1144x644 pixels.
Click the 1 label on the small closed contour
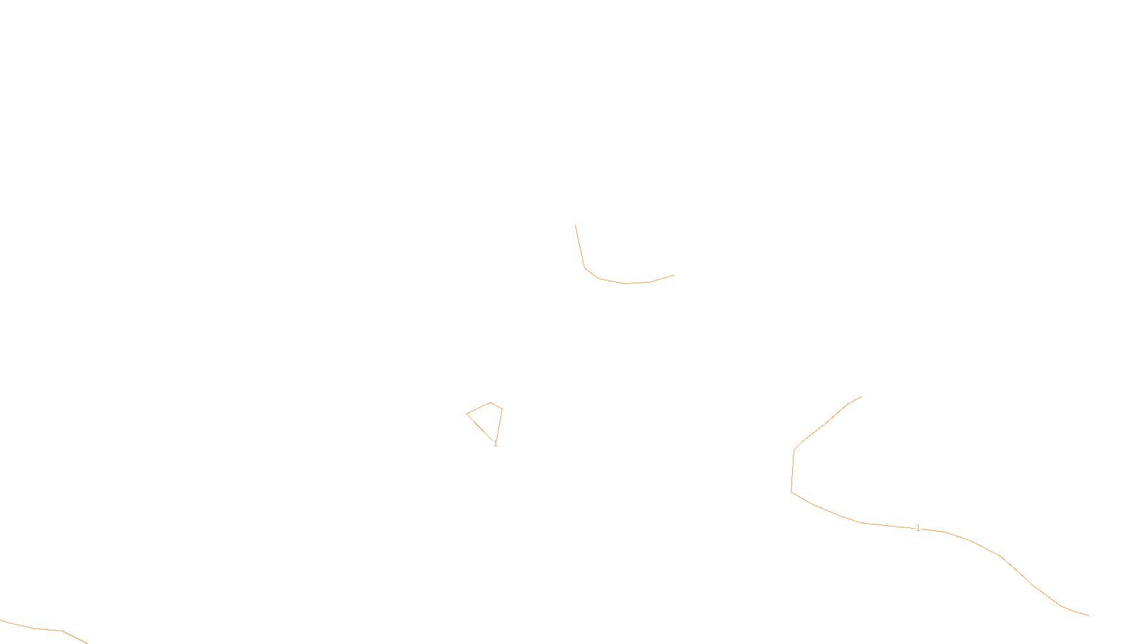(x=495, y=444)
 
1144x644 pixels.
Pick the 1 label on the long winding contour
(x=918, y=528)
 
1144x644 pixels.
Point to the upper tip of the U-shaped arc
(x=576, y=225)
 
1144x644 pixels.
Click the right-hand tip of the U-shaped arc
(x=674, y=275)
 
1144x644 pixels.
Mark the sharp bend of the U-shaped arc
(x=585, y=268)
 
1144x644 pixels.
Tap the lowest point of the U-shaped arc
(x=627, y=283)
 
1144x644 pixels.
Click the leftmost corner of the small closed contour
(x=467, y=414)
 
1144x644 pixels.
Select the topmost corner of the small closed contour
(x=490, y=403)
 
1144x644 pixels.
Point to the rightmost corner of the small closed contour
(x=502, y=409)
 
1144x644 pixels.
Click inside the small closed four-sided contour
(x=490, y=418)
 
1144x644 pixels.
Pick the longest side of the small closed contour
(x=480, y=427)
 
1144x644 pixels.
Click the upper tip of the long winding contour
(x=861, y=397)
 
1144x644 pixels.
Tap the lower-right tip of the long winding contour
(x=1088, y=615)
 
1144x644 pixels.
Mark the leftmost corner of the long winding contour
(x=791, y=492)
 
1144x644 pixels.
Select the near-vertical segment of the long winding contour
(x=792, y=471)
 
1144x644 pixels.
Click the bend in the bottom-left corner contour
(x=62, y=631)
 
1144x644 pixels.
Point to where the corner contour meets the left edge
(x=1, y=620)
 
